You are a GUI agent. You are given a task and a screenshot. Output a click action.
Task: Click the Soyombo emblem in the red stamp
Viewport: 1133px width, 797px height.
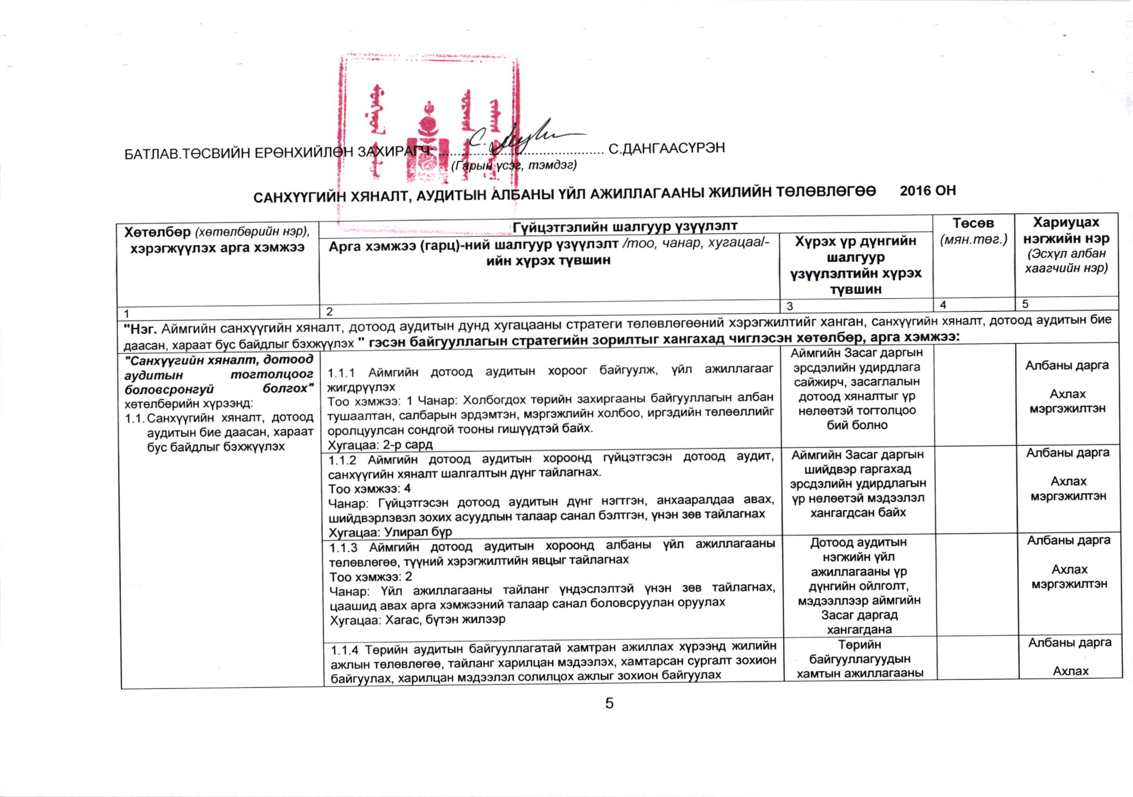point(429,143)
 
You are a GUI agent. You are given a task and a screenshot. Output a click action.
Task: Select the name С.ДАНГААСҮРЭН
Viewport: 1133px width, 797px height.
point(667,148)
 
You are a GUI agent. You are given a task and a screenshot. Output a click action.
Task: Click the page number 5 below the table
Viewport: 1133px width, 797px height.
point(609,704)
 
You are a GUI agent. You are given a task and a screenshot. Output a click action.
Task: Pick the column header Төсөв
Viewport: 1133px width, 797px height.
point(972,224)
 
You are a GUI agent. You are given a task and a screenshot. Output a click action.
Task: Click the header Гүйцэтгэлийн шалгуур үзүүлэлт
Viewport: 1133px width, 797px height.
point(625,226)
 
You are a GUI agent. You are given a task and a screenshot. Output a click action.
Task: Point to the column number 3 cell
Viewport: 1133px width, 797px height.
point(790,306)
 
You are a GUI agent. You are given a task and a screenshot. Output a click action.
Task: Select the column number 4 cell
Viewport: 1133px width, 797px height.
point(943,305)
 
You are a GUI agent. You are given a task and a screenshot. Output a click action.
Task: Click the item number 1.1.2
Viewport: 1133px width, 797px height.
point(342,460)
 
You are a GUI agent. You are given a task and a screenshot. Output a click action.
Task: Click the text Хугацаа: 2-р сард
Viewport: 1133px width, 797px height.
point(380,444)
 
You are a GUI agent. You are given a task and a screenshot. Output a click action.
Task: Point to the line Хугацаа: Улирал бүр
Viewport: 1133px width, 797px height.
point(390,532)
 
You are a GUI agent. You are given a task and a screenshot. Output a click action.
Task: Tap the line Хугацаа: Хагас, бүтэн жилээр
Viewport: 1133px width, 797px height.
point(418,620)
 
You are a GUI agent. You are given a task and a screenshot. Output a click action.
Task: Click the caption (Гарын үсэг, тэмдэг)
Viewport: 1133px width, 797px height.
point(513,165)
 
